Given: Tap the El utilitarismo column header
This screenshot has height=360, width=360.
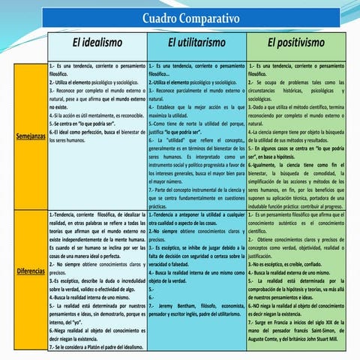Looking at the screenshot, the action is point(197,44).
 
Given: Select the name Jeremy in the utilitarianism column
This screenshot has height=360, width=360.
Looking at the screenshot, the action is point(166,307).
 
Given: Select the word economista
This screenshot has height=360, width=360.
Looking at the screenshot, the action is point(227,307).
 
